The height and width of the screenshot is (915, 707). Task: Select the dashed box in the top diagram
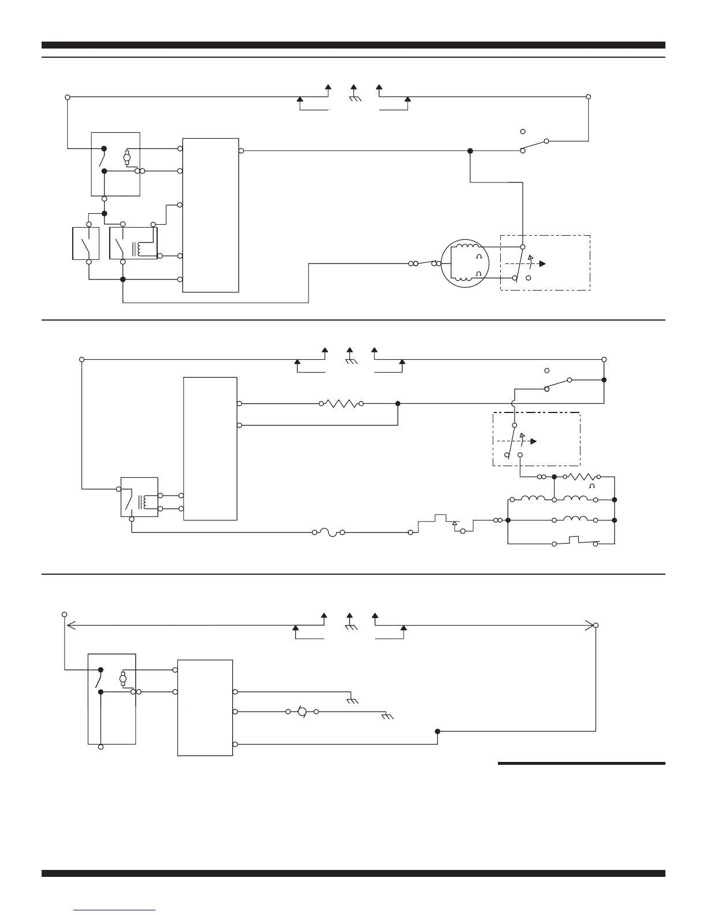point(545,263)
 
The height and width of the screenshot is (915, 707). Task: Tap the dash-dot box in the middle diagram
point(536,439)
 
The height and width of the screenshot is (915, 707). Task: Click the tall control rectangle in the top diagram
point(210,215)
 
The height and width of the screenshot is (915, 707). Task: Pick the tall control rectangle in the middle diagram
point(210,448)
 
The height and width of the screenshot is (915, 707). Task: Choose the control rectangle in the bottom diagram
point(205,707)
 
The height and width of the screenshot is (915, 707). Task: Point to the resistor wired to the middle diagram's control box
point(341,403)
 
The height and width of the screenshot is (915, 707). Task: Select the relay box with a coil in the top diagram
point(133,243)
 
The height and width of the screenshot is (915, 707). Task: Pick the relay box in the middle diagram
point(139,497)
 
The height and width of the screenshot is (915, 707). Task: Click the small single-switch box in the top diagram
point(85,243)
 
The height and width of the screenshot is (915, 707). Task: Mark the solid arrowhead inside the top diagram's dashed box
point(542,263)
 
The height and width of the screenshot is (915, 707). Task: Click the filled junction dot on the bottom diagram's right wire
point(437,731)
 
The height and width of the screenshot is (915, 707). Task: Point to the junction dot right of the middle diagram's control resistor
point(398,403)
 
